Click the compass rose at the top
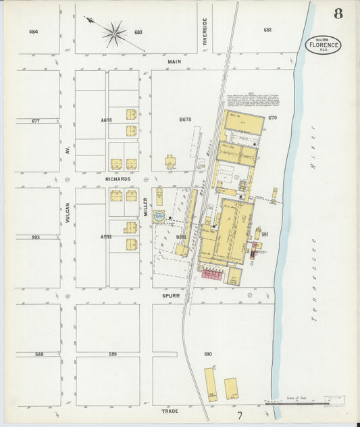114,33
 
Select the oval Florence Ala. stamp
323,45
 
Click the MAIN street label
175,61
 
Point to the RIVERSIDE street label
204,32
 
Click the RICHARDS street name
118,179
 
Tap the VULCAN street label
68,212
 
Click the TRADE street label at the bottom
170,410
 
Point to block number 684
33,31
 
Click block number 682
267,30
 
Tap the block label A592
105,237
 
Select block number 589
113,354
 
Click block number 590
208,354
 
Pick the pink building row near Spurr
213,274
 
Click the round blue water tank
159,216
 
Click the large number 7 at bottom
240,416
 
